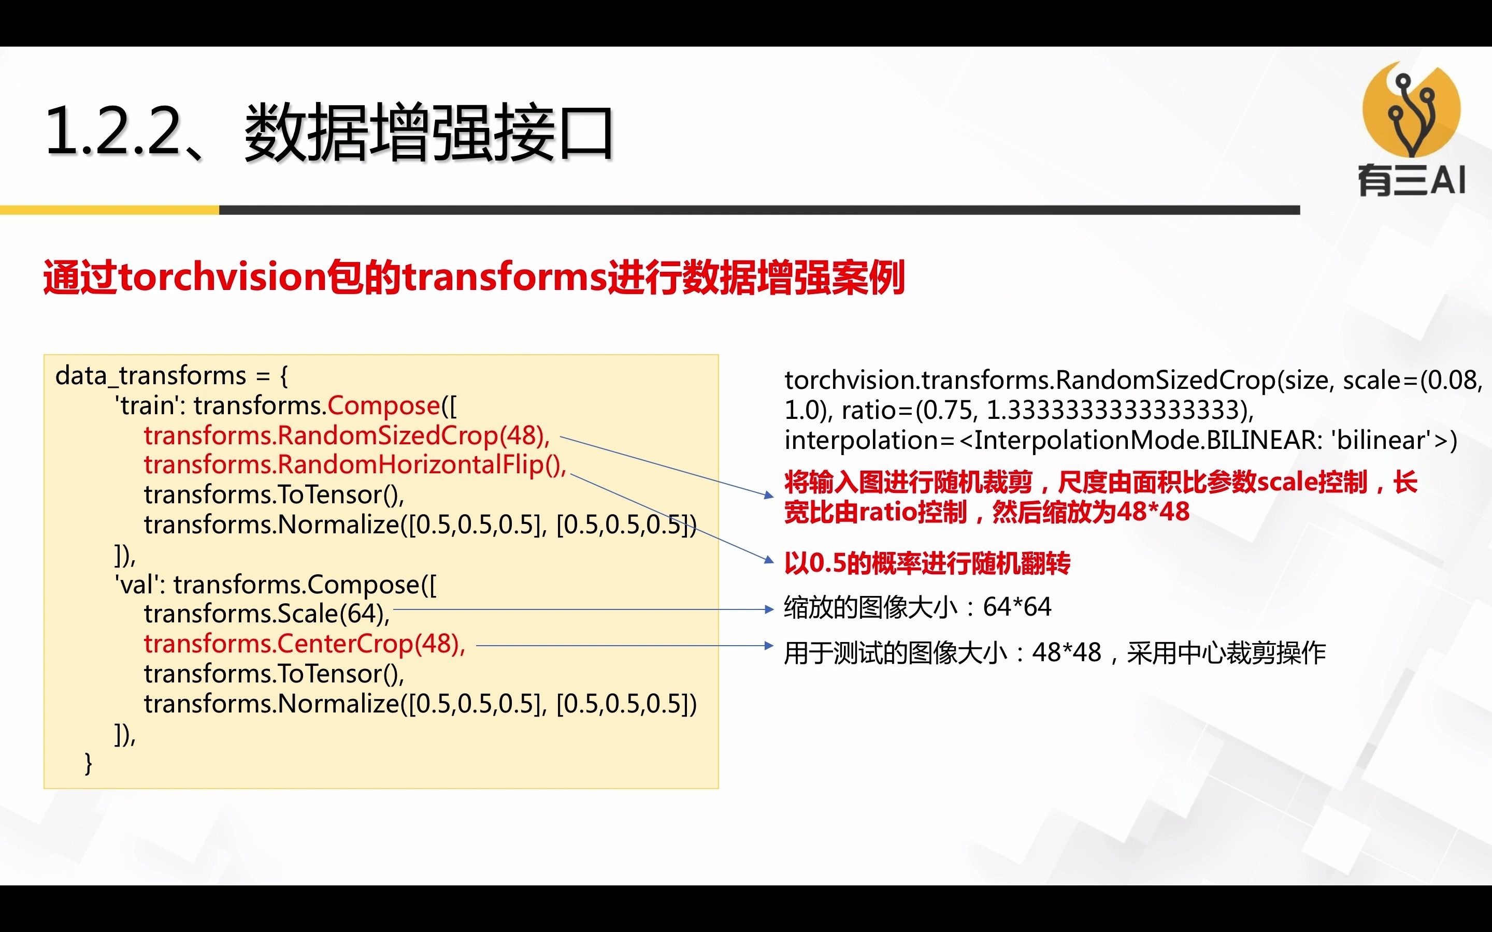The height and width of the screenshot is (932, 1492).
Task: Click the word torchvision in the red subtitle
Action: pos(222,278)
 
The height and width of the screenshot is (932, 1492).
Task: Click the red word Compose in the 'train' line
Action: pos(383,405)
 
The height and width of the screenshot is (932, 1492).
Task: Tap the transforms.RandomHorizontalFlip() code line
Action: pos(354,465)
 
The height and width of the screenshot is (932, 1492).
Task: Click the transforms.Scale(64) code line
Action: pos(266,614)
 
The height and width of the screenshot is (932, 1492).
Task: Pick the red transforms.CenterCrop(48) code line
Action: pos(305,644)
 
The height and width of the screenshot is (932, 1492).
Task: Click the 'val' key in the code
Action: pos(139,585)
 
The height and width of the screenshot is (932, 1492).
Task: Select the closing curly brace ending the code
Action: pos(88,763)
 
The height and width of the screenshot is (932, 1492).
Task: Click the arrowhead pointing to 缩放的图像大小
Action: pos(768,609)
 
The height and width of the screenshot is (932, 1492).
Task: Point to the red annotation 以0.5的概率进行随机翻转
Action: pos(927,563)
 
